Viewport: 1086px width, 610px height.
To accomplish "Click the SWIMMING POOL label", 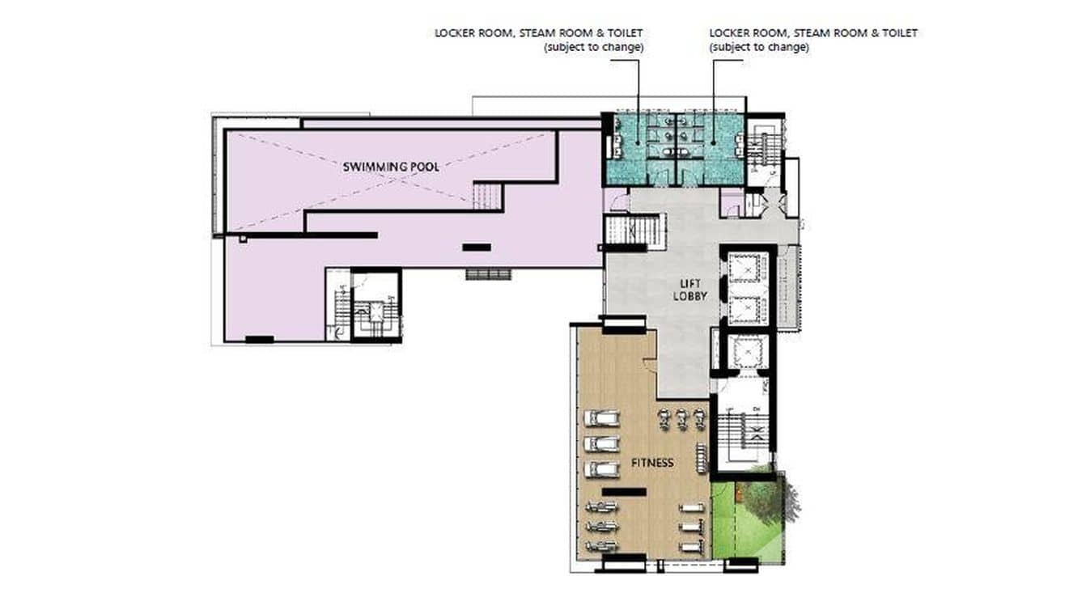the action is pos(391,167).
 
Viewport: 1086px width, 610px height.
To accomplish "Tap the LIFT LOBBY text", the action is pos(690,290).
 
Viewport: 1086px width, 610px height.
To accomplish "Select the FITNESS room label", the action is pos(652,463).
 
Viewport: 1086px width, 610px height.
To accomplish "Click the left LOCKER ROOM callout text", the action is pos(539,40).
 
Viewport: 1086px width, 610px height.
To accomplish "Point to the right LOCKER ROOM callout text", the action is pos(813,40).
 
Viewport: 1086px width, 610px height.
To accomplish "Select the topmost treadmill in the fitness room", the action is pos(601,418).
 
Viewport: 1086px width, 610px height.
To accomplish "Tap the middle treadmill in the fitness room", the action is pos(601,444).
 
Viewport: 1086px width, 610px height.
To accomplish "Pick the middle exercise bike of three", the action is pos(681,420).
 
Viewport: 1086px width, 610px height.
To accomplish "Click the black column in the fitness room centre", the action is pos(624,492).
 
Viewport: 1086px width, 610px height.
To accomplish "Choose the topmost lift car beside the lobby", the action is pos(748,269).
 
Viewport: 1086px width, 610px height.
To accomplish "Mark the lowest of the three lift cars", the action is pos(748,351).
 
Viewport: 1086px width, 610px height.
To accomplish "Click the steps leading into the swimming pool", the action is pos(487,196).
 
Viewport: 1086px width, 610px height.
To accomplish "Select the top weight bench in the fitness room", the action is pos(691,508).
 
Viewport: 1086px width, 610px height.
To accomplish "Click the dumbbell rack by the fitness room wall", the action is pos(701,458).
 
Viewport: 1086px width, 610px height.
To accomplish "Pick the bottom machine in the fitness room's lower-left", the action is pos(602,546).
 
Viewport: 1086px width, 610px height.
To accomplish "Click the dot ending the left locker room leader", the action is pos(638,142).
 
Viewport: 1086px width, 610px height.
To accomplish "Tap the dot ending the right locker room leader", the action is pos(713,142).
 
